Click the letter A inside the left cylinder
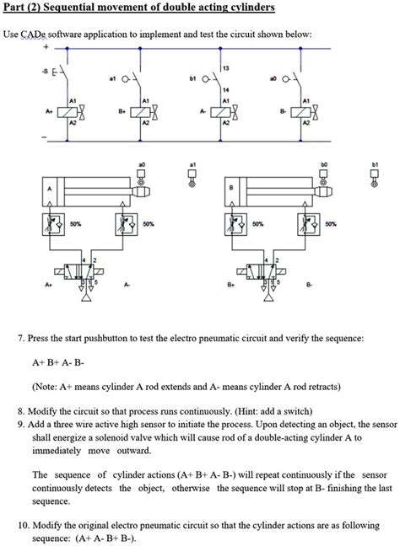pos(51,190)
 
